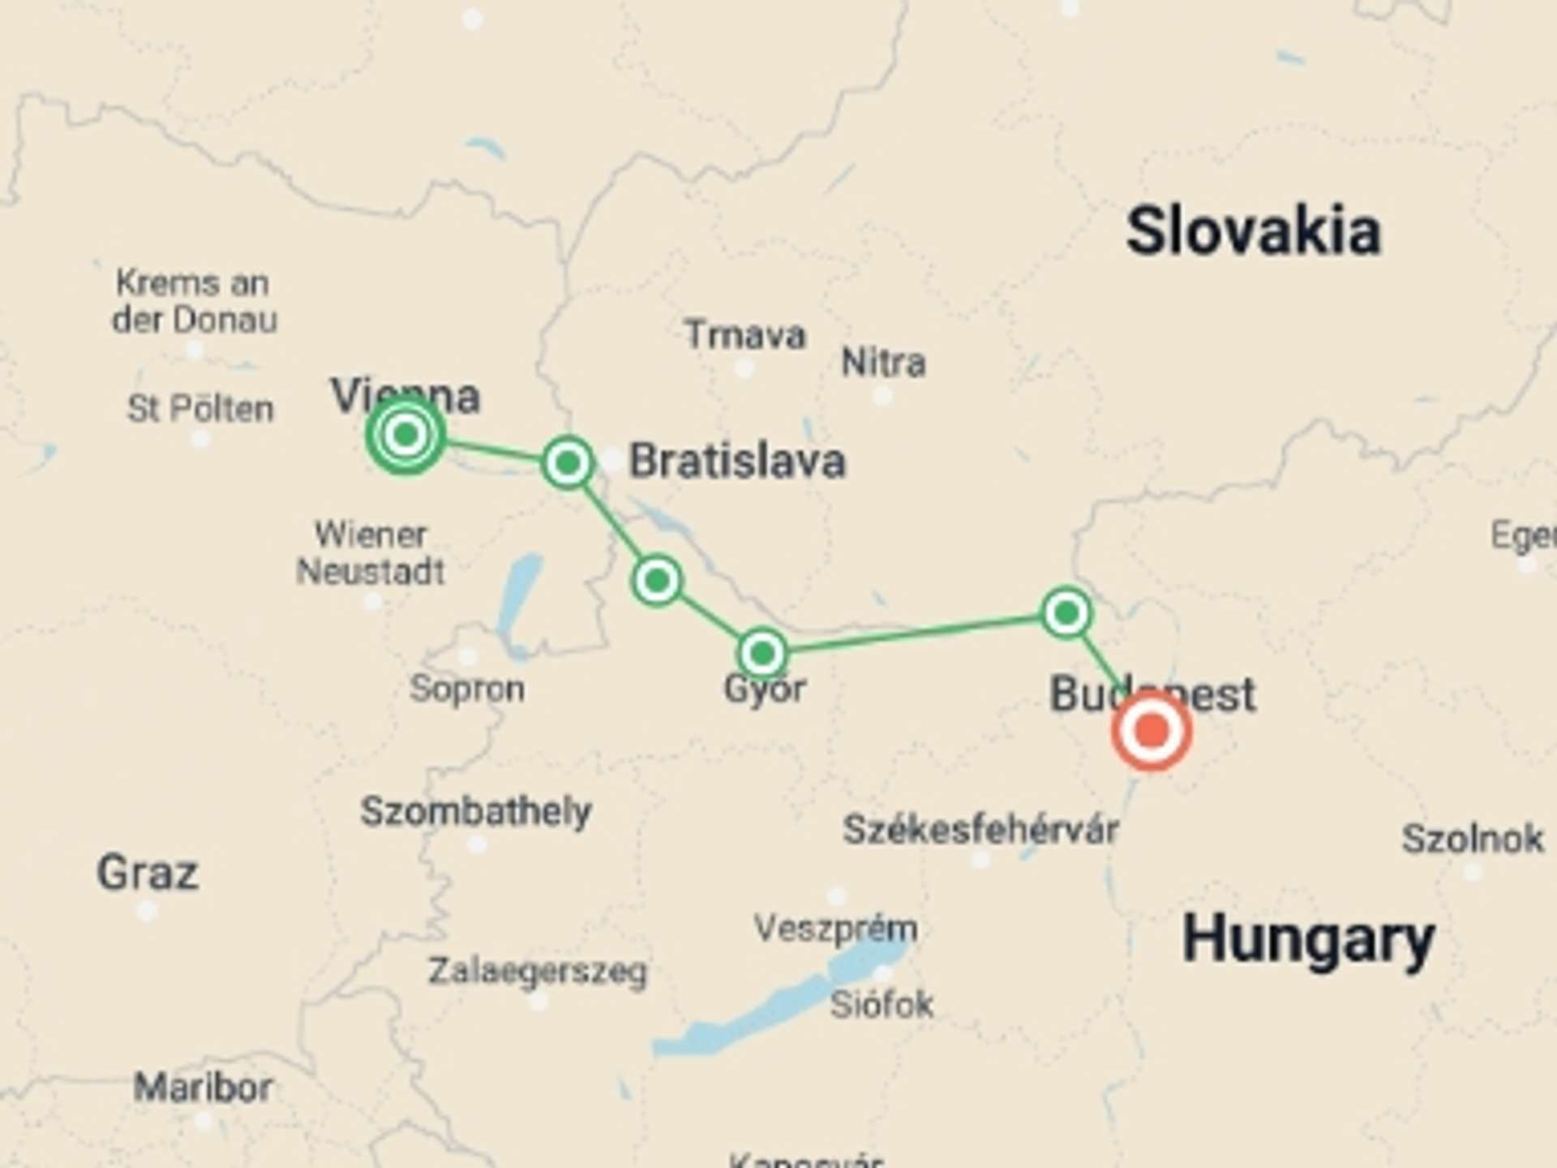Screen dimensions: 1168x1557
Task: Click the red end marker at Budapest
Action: click(1151, 731)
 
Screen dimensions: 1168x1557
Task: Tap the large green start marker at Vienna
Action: click(405, 436)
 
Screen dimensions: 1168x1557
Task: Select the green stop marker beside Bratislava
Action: click(568, 462)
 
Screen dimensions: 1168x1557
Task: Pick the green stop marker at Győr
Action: click(762, 653)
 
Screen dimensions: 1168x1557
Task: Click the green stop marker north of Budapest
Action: click(1066, 613)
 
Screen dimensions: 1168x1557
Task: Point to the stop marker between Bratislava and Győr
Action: click(657, 581)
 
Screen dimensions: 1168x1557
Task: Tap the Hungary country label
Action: click(1308, 940)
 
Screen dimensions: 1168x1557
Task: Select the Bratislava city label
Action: click(737, 462)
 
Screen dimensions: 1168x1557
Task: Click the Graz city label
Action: click(148, 874)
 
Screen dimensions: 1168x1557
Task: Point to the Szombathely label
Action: click(476, 811)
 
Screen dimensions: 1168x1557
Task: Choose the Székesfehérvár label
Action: click(980, 830)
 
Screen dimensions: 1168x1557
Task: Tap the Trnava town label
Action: click(745, 335)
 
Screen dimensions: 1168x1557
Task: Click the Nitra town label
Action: click(883, 363)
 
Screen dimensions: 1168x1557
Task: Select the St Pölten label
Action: click(200, 409)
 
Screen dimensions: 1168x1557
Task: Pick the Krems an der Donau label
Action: click(194, 301)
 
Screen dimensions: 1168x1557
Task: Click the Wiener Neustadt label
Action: click(371, 553)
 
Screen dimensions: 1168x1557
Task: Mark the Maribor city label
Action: click(203, 1088)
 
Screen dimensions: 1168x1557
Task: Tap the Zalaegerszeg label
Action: click(538, 971)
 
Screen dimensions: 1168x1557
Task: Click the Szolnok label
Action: click(1473, 839)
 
